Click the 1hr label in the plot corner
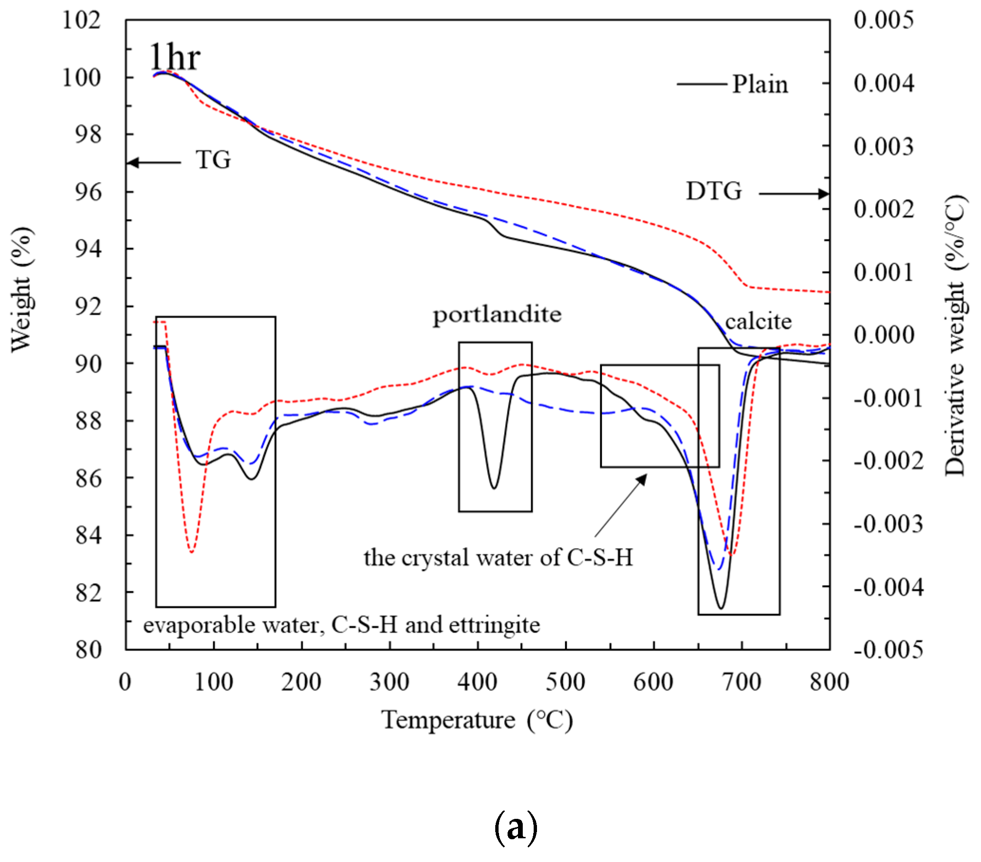click(x=175, y=57)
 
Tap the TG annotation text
click(x=213, y=160)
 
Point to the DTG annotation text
click(x=713, y=191)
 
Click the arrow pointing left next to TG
click(x=154, y=163)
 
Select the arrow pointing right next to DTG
click(x=794, y=194)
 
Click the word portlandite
click(x=497, y=315)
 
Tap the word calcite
click(x=758, y=321)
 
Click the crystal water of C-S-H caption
click(x=498, y=558)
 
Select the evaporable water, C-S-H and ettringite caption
click(x=341, y=625)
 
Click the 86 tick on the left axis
click(x=88, y=478)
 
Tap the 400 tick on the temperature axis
click(x=477, y=682)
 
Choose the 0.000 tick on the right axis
click(x=884, y=335)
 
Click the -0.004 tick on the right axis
click(x=888, y=587)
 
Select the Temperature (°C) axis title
click(x=477, y=720)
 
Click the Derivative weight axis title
click(x=954, y=336)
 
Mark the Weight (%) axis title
click(x=22, y=290)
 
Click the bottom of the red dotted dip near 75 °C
click(x=192, y=552)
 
